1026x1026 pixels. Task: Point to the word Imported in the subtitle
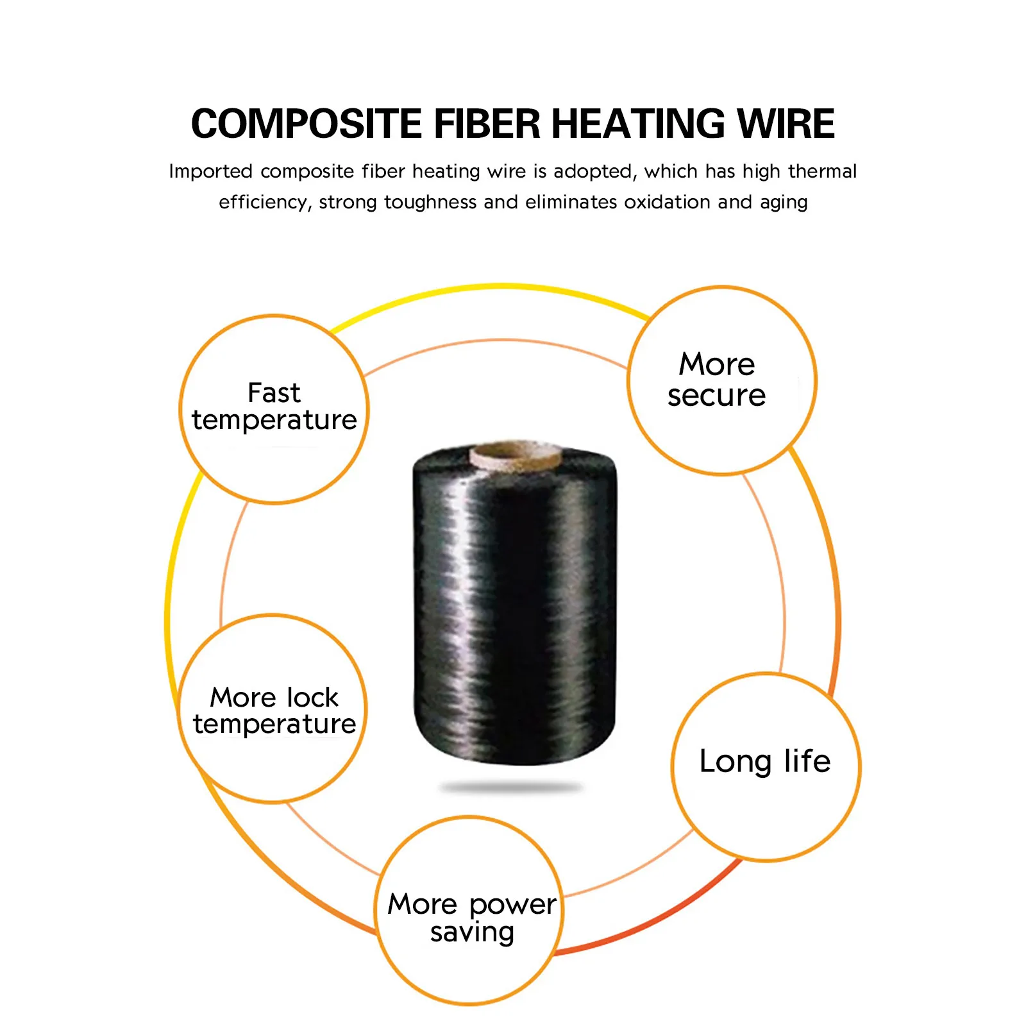(211, 172)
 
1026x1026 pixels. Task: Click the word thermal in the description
(822, 171)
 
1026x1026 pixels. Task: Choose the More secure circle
(722, 380)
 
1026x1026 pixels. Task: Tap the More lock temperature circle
(273, 709)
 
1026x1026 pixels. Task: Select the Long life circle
(766, 767)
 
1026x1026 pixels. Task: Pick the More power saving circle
(470, 911)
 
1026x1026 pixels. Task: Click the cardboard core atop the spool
(516, 455)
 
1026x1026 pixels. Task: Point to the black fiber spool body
(514, 606)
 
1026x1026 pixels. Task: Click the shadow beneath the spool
(511, 787)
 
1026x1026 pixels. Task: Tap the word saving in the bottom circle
(473, 933)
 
